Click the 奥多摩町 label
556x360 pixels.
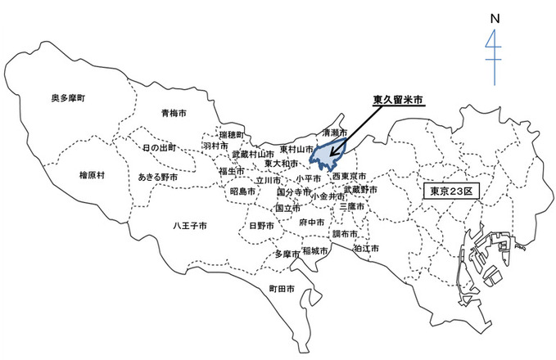coord(68,97)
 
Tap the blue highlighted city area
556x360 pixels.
coord(327,151)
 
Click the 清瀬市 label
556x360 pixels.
coord(335,132)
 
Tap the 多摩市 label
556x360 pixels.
coord(287,254)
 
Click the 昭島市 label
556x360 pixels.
coord(243,191)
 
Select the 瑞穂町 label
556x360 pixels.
coord(232,133)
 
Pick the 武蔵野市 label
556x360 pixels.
coord(360,190)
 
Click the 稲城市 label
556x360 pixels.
coord(315,251)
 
